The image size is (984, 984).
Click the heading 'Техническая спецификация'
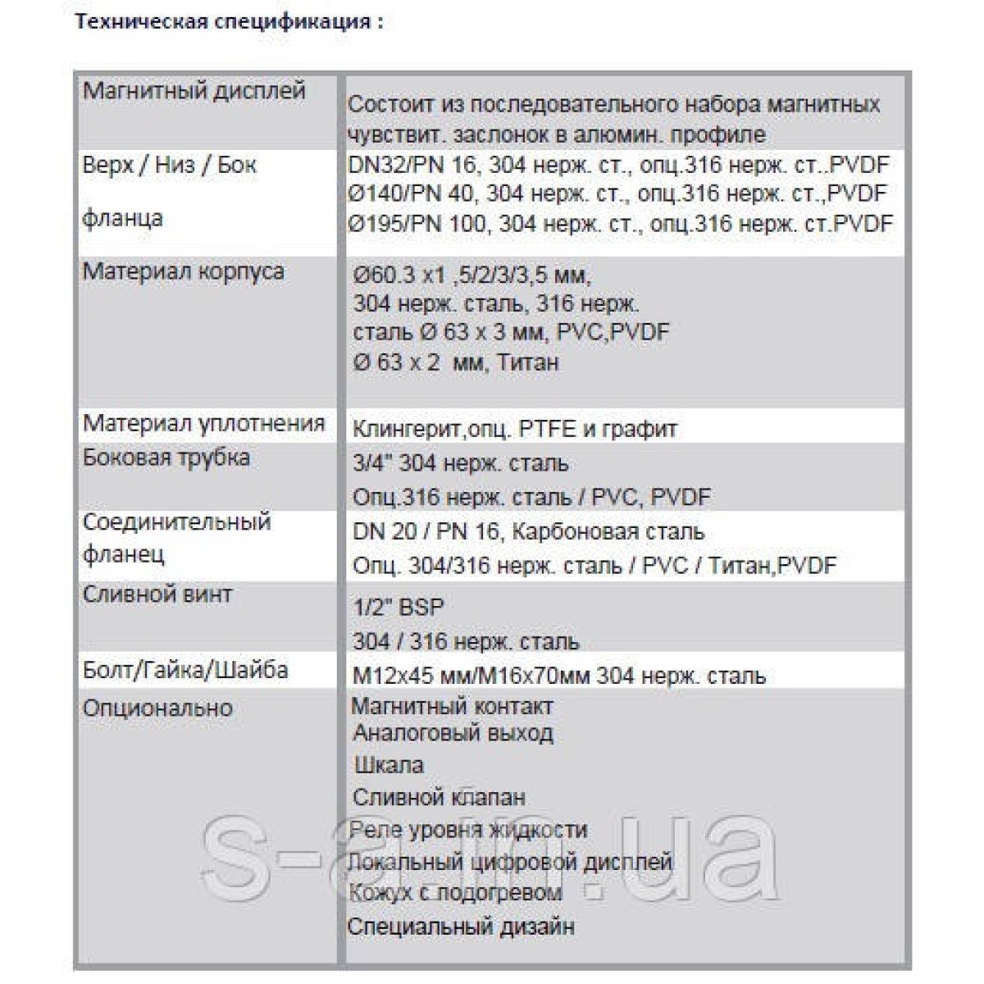229,22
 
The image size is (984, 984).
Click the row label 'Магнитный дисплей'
194,91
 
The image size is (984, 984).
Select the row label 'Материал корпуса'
184,271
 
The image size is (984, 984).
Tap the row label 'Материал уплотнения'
204,423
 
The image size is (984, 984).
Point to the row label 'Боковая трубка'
166,458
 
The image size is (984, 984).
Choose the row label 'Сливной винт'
157,594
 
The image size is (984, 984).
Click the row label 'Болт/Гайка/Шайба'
185,670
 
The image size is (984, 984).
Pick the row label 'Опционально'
157,708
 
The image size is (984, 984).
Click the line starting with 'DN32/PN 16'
618,165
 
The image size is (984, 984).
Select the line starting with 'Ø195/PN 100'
620,224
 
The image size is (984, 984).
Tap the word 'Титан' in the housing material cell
527,362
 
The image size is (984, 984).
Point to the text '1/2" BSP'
398,608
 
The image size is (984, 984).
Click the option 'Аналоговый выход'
453,733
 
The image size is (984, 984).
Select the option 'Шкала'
389,766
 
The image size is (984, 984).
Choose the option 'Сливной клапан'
439,797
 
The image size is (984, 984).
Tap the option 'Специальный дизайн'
461,927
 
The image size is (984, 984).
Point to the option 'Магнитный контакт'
452,706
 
